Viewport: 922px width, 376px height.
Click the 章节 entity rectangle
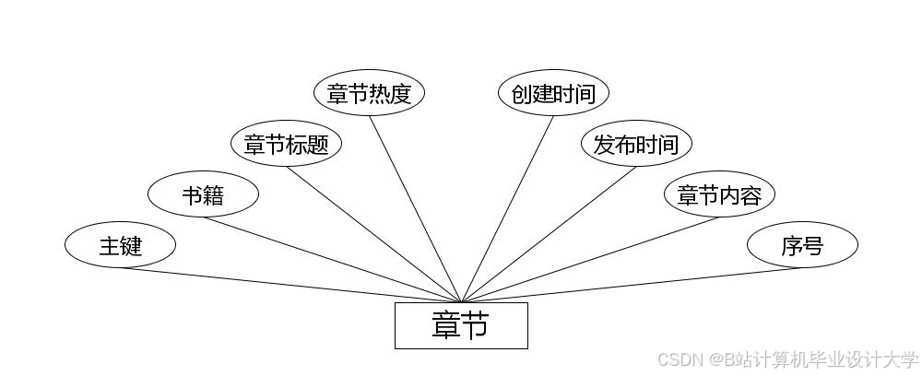(x=461, y=325)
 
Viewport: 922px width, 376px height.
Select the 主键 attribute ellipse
(x=120, y=245)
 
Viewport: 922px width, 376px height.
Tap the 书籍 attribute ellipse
(x=203, y=194)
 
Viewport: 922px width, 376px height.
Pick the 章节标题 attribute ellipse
(x=286, y=144)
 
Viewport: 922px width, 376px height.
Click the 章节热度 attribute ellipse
(x=369, y=93)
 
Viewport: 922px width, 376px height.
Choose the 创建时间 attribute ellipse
(x=553, y=93)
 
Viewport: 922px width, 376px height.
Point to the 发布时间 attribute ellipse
(x=636, y=144)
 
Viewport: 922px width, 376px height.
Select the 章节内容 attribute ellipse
(x=719, y=194)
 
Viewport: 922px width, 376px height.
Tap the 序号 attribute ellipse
(x=802, y=245)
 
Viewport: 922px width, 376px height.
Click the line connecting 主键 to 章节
(x=290, y=285)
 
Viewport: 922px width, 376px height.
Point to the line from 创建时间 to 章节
(x=507, y=208)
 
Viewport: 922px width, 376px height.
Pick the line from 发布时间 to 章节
(x=549, y=234)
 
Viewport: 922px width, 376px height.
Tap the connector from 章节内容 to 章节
(x=590, y=259)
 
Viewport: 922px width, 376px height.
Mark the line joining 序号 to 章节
(x=632, y=285)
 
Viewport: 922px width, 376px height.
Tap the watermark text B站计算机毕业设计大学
(x=820, y=358)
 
